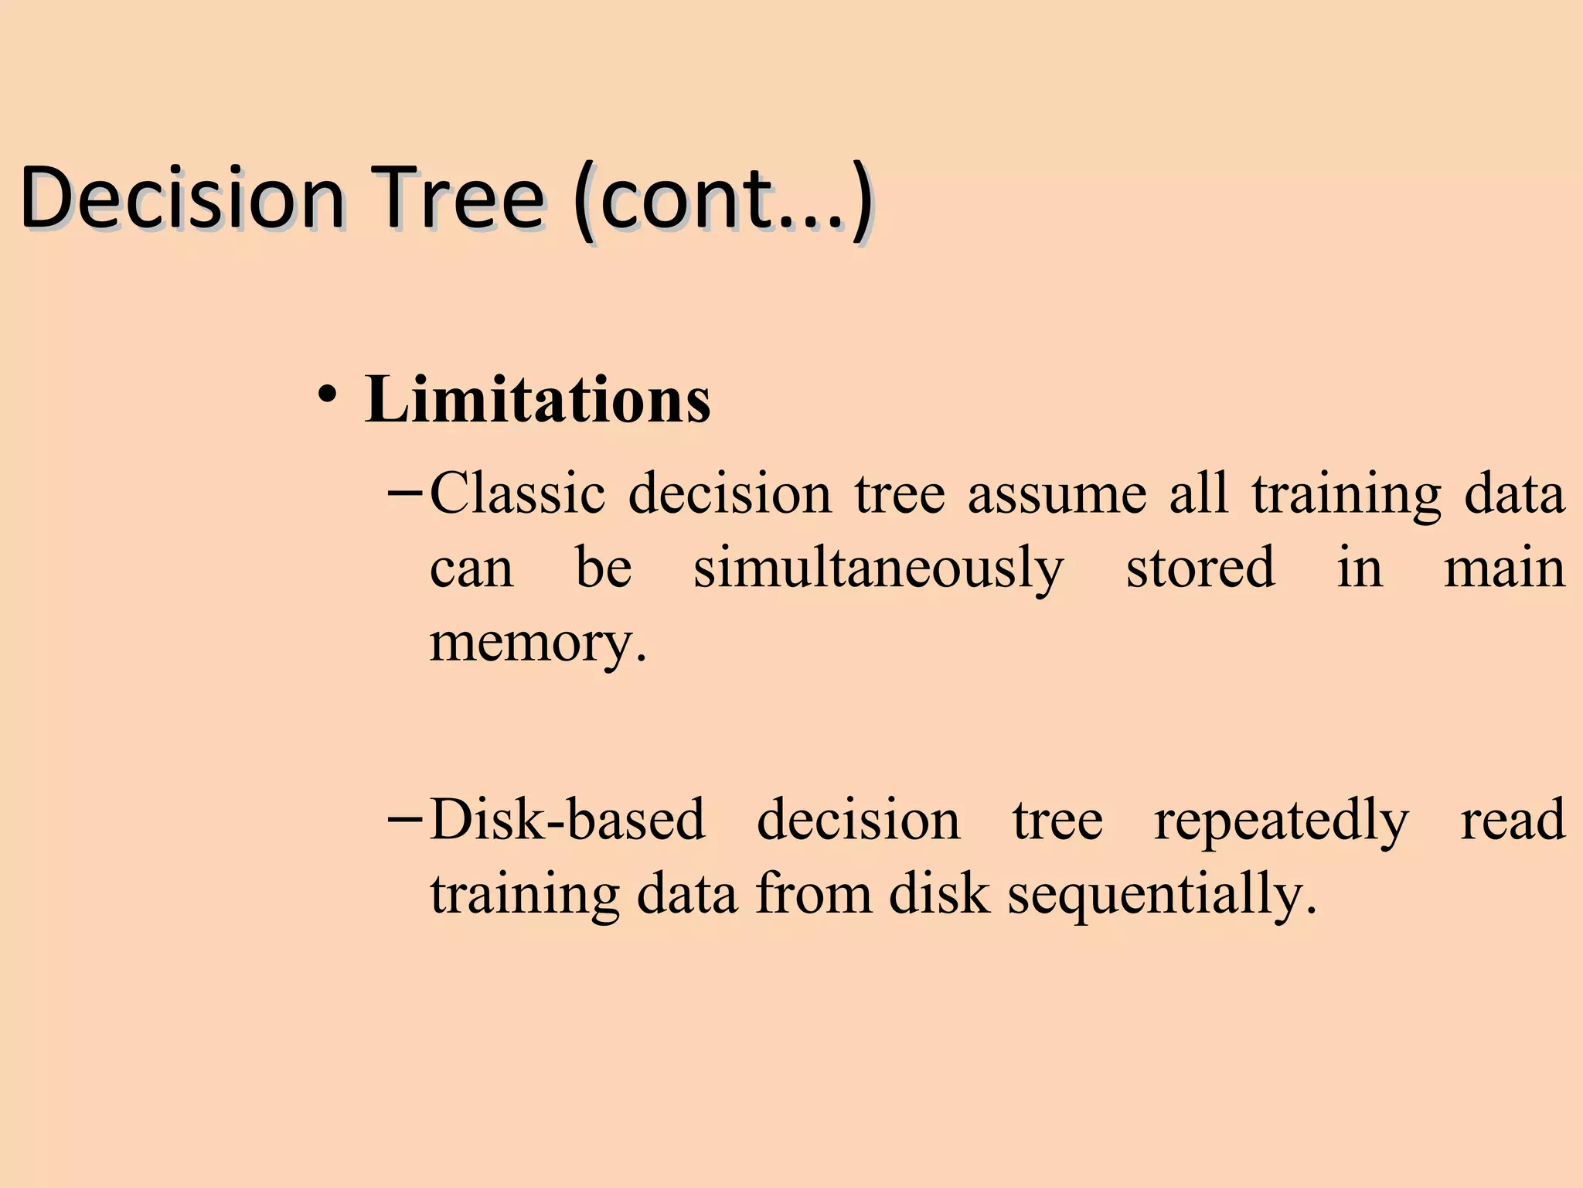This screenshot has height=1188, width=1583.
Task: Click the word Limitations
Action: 537,401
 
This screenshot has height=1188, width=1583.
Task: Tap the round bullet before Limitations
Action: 326,395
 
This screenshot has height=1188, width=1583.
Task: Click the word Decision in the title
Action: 182,198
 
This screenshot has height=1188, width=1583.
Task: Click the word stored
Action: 1200,568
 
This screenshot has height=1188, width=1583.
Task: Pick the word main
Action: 1504,568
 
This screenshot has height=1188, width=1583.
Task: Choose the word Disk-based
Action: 567,820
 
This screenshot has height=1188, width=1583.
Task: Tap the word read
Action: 1513,820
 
